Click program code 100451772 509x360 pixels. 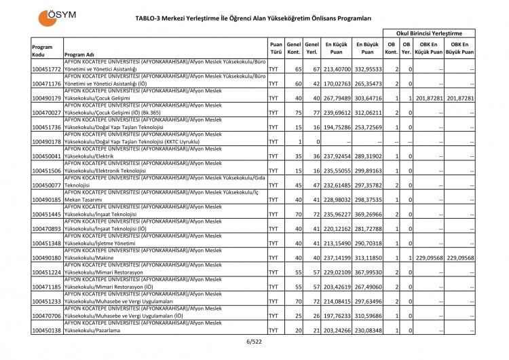(47, 69)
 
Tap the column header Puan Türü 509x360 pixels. (276, 46)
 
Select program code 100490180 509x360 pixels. (47, 257)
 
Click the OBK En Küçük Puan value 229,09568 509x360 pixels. (430, 257)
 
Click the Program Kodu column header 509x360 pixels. (42, 50)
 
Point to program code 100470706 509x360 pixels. (47, 315)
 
